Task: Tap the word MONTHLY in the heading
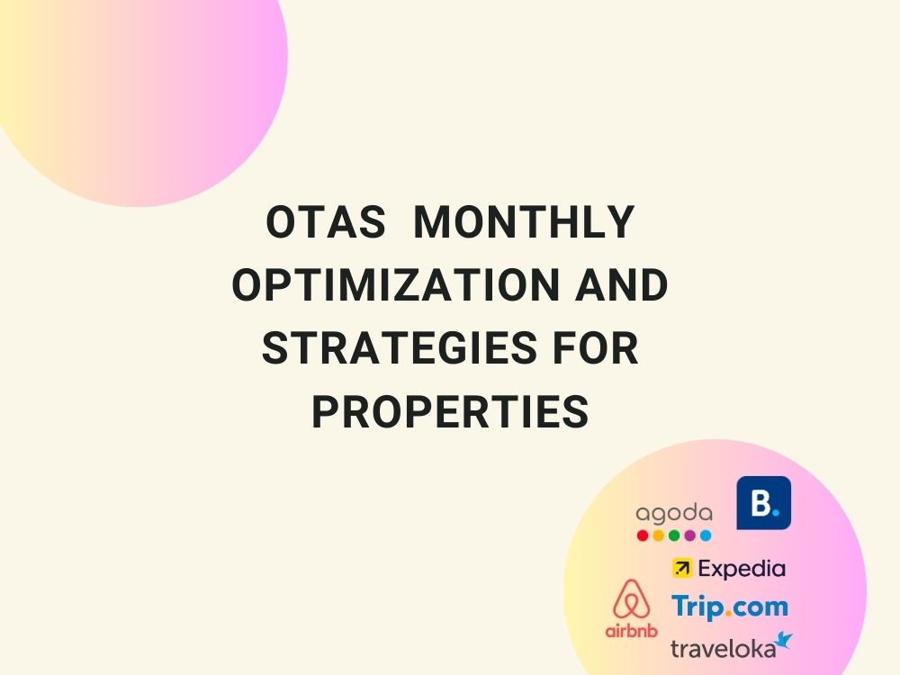(x=523, y=224)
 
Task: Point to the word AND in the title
(x=622, y=287)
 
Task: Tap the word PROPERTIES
(x=450, y=412)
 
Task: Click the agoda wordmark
(x=673, y=514)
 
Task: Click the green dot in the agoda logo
(x=674, y=535)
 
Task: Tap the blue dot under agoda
(x=706, y=535)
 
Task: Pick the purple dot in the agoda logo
(x=689, y=535)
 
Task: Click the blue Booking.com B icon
(x=763, y=502)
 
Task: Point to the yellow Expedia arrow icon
(x=682, y=569)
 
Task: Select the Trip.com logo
(x=729, y=606)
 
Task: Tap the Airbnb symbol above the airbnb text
(x=631, y=599)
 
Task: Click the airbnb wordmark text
(x=631, y=630)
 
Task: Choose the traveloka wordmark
(x=723, y=647)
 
